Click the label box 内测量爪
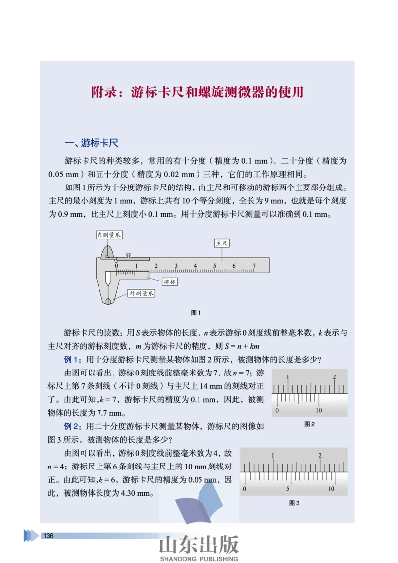point(109,234)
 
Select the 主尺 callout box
point(222,243)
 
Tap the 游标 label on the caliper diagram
point(169,282)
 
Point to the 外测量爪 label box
point(141,294)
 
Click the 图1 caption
point(196,313)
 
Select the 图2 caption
point(309,424)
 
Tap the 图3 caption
point(294,503)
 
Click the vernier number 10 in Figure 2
point(319,410)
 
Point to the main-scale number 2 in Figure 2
point(334,377)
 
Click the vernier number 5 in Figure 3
point(288,489)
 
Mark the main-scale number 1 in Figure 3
point(273,456)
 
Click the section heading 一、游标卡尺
point(92,143)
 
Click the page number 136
point(48,536)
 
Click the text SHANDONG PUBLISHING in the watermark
point(199,559)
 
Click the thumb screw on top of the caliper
point(129,255)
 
